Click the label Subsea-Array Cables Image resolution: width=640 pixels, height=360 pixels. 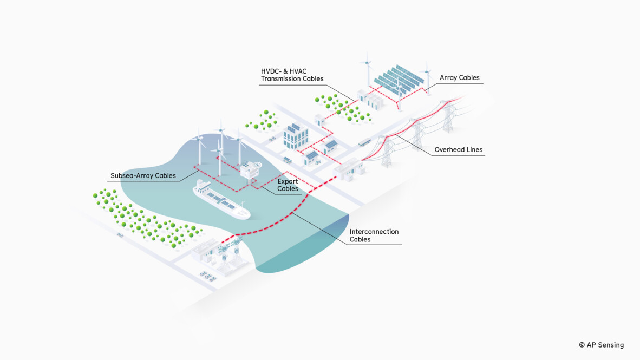coord(143,175)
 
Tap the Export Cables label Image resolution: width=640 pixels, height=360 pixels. coord(288,185)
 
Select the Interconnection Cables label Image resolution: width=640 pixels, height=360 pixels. coord(374,235)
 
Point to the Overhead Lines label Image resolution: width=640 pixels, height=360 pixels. coord(458,150)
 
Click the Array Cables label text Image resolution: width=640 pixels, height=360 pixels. coord(459,78)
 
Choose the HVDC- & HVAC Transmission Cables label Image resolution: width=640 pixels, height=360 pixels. coord(292,75)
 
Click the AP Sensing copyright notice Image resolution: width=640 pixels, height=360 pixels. coord(601,345)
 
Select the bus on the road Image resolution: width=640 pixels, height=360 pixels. coord(365,142)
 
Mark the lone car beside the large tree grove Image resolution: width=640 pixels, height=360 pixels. coord(120,235)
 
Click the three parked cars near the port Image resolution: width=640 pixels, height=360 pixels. coord(207,276)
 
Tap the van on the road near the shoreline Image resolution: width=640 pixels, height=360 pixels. coord(287,160)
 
